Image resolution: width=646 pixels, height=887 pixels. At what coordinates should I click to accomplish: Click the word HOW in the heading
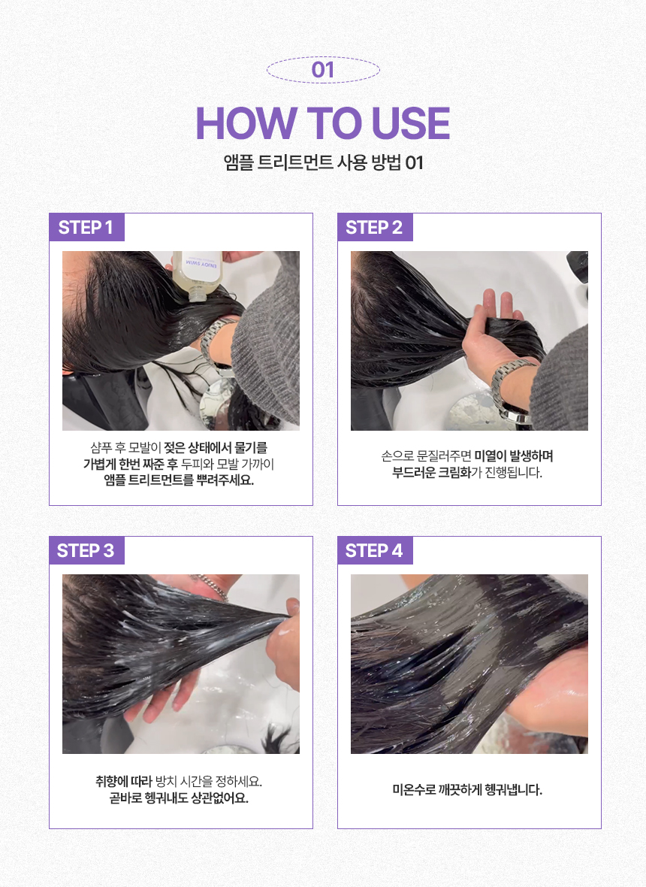pyautogui.click(x=246, y=123)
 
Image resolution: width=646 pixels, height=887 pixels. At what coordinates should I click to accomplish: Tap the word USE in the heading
pyautogui.click(x=410, y=123)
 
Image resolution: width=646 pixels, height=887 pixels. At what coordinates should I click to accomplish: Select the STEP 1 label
pyautogui.click(x=86, y=228)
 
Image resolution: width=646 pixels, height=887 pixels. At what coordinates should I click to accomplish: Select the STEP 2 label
pyautogui.click(x=374, y=228)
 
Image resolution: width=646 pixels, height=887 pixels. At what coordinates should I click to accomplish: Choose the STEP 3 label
pyautogui.click(x=86, y=550)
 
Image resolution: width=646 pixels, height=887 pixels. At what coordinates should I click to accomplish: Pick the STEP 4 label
pyautogui.click(x=374, y=550)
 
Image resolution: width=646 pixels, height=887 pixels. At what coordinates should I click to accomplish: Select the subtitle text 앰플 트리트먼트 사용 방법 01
pyautogui.click(x=323, y=163)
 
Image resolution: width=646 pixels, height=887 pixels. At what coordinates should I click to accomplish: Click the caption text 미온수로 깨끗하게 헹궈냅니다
pyautogui.click(x=467, y=790)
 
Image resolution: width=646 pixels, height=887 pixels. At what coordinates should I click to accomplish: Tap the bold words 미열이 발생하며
pyautogui.click(x=514, y=456)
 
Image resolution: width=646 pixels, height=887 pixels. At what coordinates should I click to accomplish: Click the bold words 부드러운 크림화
pyautogui.click(x=432, y=472)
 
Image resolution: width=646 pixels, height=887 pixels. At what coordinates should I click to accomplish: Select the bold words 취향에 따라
pyautogui.click(x=124, y=782)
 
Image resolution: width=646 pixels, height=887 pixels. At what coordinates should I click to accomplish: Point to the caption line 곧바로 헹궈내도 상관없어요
pyautogui.click(x=179, y=798)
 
